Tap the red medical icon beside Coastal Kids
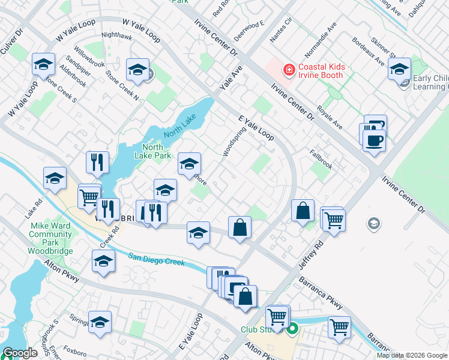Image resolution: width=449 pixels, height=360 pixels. pyautogui.click(x=289, y=70)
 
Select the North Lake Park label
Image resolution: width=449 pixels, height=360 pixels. pyautogui.click(x=152, y=151)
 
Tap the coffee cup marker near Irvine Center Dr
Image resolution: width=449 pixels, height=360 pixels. pyautogui.click(x=374, y=140)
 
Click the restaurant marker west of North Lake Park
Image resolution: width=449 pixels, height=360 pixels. pyautogui.click(x=97, y=161)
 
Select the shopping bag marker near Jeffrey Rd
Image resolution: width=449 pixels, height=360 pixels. pyautogui.click(x=303, y=210)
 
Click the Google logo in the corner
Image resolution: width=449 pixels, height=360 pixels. pyautogui.click(x=20, y=353)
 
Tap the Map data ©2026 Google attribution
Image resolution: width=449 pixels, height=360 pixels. pyautogui.click(x=412, y=355)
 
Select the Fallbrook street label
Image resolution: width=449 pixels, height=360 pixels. pyautogui.click(x=321, y=154)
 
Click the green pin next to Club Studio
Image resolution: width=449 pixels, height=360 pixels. pyautogui.click(x=292, y=328)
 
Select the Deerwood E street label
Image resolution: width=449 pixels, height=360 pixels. pyautogui.click(x=249, y=29)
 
